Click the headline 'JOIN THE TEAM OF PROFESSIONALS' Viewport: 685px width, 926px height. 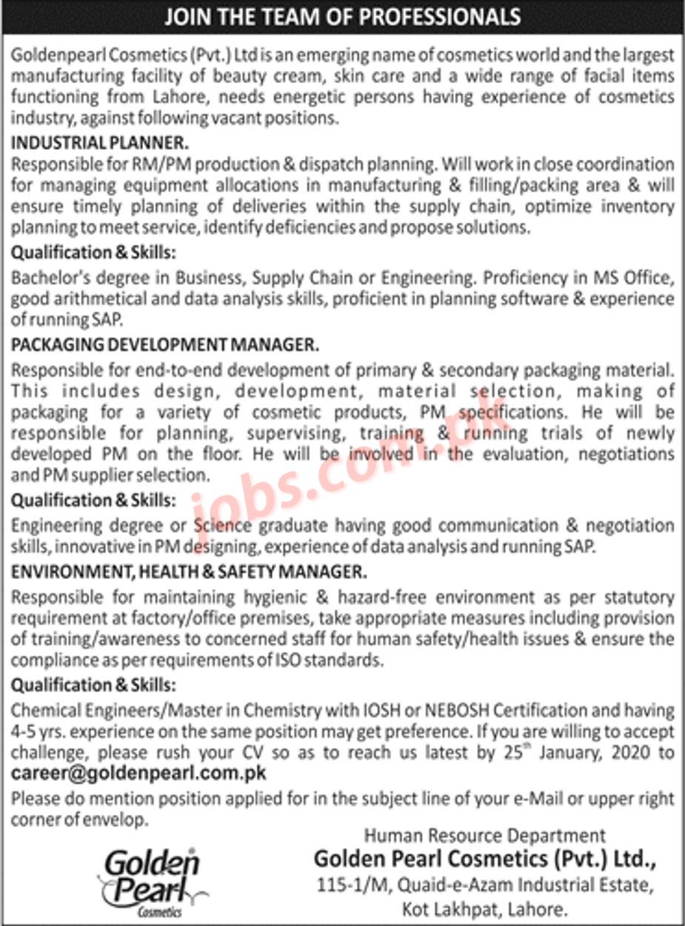click(x=342, y=16)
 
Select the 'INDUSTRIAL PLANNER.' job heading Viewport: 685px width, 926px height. click(x=100, y=139)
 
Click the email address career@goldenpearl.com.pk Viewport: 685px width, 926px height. click(x=138, y=774)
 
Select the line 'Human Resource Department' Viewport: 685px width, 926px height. click(x=485, y=836)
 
